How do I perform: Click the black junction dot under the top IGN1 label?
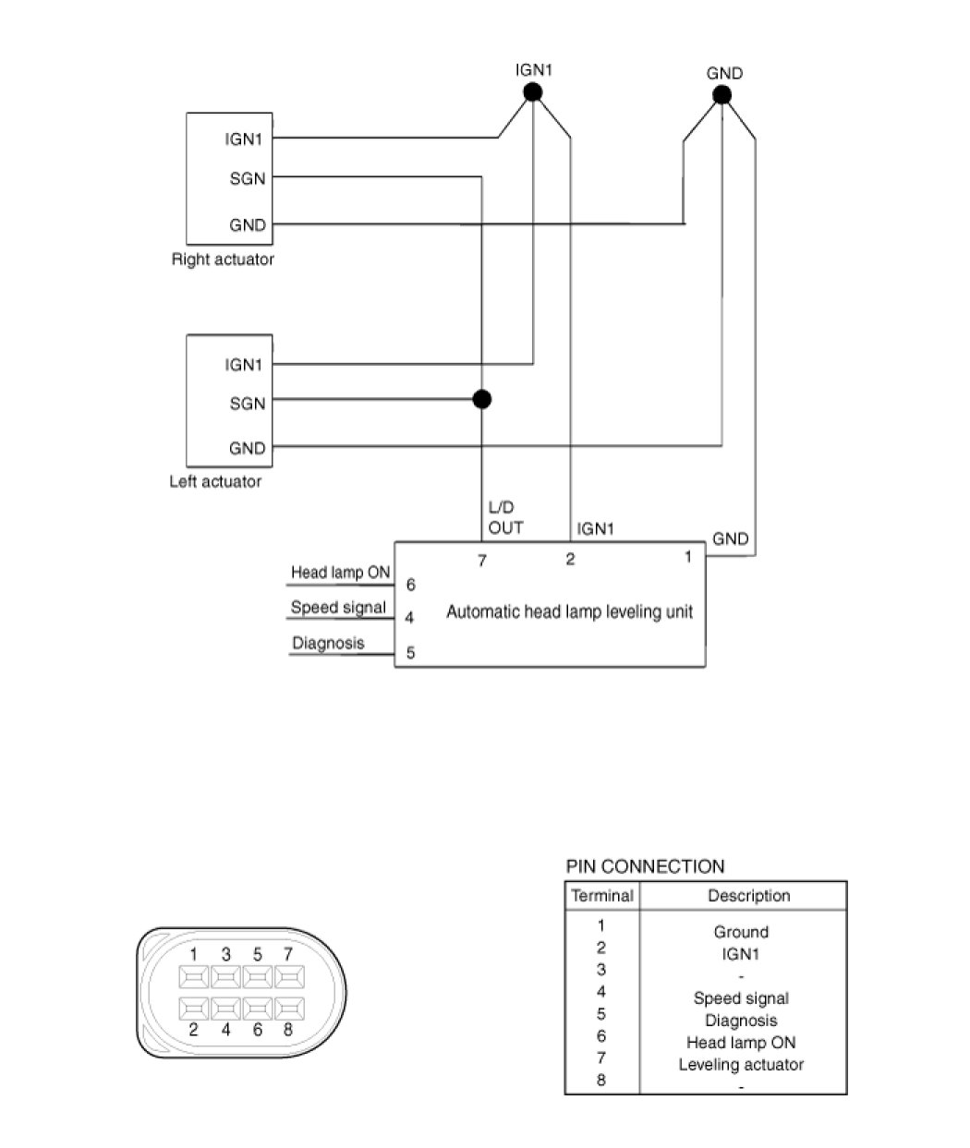pos(532,91)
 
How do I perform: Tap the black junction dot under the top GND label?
pos(722,95)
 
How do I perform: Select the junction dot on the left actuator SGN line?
pos(481,399)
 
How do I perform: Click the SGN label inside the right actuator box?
pos(248,178)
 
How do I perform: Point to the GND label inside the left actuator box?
pos(248,449)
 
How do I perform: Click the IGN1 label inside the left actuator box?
pos(245,365)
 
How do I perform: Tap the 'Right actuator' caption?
pos(223,260)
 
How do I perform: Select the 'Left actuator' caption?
pos(215,481)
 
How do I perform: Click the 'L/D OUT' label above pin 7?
pos(505,518)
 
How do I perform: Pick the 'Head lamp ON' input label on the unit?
pos(341,573)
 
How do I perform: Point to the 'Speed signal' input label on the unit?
pos(338,608)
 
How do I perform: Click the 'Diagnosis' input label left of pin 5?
pos(328,643)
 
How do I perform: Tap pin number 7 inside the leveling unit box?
pos(481,560)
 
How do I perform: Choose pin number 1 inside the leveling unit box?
pos(688,557)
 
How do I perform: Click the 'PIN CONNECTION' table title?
pos(645,866)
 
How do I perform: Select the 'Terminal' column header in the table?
pos(602,895)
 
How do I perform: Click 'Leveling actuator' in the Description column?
pos(741,1064)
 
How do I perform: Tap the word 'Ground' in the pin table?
pos(741,932)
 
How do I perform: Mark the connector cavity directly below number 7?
pos(289,976)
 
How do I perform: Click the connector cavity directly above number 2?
pos(194,1007)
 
